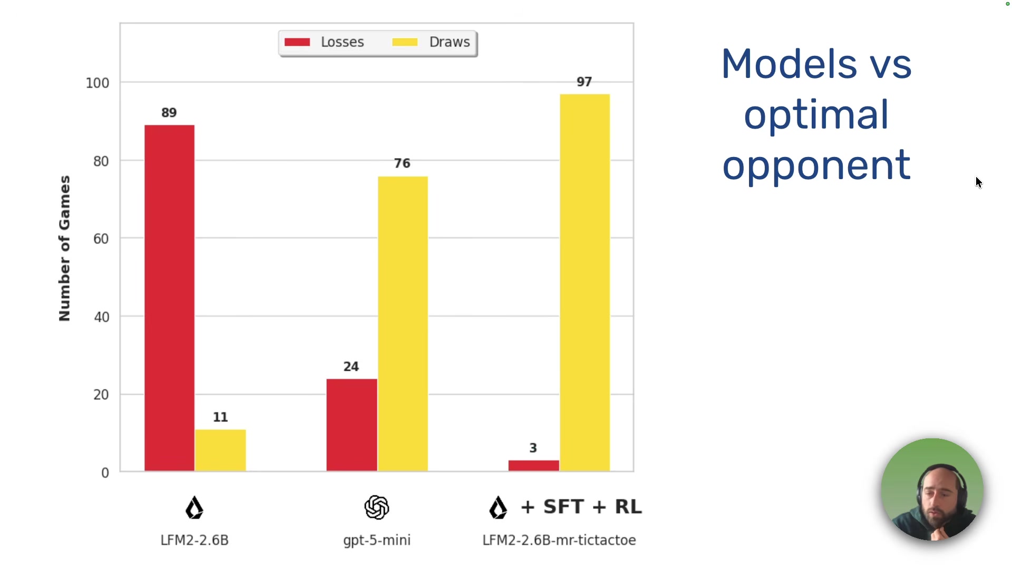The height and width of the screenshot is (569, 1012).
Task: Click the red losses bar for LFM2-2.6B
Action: [169, 298]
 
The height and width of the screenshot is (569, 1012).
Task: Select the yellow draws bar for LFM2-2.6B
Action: [220, 450]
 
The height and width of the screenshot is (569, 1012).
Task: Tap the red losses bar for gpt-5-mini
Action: [352, 425]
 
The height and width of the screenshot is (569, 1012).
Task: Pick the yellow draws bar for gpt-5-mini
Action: [403, 323]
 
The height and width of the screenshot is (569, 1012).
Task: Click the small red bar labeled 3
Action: [533, 466]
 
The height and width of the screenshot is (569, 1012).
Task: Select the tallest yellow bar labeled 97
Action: [585, 282]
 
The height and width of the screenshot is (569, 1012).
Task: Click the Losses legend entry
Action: [325, 42]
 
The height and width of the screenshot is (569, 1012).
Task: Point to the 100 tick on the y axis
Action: [98, 83]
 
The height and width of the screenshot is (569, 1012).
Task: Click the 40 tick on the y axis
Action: [101, 317]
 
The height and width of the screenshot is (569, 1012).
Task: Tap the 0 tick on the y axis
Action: [105, 473]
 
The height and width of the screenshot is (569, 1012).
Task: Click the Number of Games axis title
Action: [64, 248]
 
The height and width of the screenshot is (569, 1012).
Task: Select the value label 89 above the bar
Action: [169, 113]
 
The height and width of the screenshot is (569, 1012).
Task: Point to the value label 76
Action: [402, 163]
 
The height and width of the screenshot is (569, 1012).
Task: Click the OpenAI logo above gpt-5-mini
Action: [376, 507]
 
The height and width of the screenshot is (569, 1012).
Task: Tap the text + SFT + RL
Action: [581, 507]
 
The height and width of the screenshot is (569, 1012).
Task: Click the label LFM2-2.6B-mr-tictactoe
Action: [559, 540]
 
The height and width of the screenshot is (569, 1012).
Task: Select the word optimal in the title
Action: [816, 115]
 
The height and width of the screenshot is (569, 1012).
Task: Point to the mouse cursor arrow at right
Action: [978, 182]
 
